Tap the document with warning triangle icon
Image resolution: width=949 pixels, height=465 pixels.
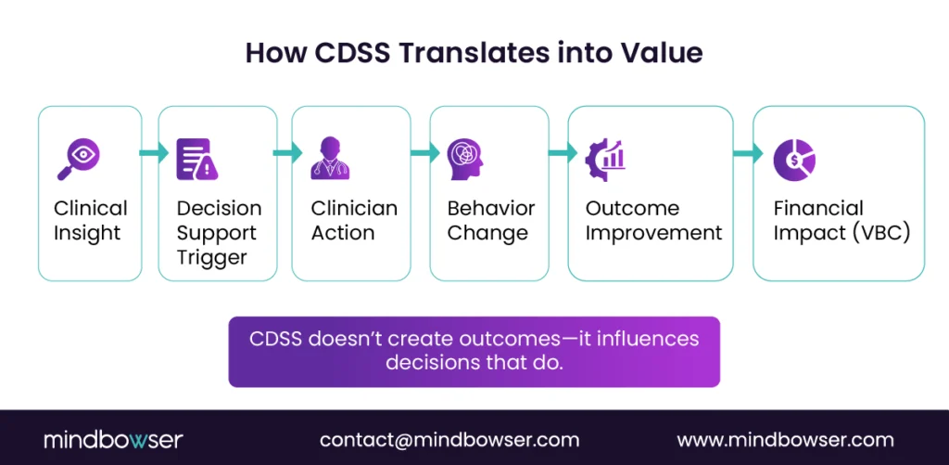point(197,159)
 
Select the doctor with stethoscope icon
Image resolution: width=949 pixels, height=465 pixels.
point(331,158)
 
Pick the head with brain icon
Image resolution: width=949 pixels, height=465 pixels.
point(465,159)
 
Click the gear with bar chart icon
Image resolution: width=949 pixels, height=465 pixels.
point(606,160)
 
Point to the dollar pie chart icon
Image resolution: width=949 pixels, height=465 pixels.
point(794,160)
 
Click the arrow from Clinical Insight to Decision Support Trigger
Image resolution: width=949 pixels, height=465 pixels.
point(154,152)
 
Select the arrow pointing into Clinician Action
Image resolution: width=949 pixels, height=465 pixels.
point(287,152)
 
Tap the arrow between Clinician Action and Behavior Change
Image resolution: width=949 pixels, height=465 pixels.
point(424,152)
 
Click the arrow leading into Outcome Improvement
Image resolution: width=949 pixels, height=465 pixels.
point(563,152)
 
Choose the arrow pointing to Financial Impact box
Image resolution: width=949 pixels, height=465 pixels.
point(748,152)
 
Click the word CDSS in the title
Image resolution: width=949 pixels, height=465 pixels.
point(349,53)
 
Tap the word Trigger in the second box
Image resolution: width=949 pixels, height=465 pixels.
point(212,258)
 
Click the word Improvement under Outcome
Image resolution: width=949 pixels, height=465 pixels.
point(654,233)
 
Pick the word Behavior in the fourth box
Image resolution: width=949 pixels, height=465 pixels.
point(491,209)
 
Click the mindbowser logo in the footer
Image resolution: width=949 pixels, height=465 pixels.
point(113,440)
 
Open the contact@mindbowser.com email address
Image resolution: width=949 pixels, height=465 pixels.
point(449,440)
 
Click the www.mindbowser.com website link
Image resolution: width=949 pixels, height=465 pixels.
point(785,440)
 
